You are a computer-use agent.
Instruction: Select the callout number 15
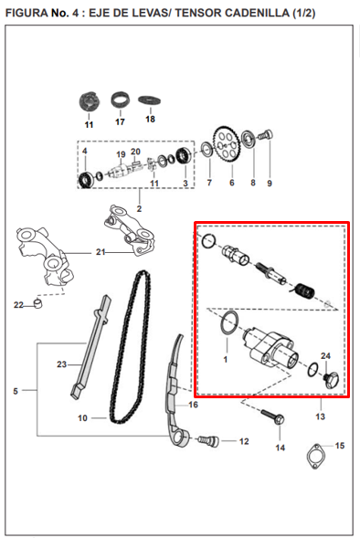[x=340, y=446]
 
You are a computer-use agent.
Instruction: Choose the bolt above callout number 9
[x=268, y=137]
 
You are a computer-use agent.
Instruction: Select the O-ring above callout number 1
[x=232, y=322]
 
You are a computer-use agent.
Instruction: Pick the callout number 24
[x=325, y=355]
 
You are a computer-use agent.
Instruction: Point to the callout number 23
[x=62, y=364]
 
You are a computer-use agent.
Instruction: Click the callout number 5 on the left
[x=15, y=391]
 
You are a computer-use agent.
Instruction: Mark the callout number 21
[x=101, y=251]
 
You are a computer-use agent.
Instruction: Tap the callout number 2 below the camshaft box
[x=140, y=209]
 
